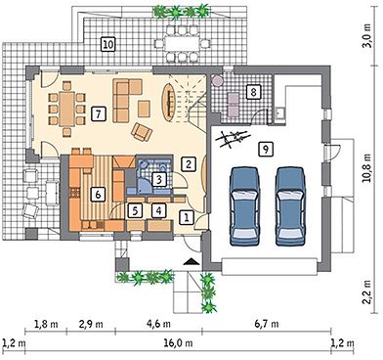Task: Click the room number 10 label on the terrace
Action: pyautogui.click(x=107, y=44)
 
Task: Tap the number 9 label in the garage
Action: pyautogui.click(x=266, y=149)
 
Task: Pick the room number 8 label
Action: pyautogui.click(x=253, y=92)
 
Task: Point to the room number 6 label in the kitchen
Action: pyautogui.click(x=98, y=195)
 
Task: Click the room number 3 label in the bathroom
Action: pyautogui.click(x=159, y=179)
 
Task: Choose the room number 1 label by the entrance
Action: pyautogui.click(x=187, y=217)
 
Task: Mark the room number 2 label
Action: pyautogui.click(x=188, y=164)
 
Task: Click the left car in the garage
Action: pyautogui.click(x=244, y=206)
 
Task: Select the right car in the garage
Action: pyautogui.click(x=290, y=206)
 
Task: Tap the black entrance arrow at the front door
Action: pyautogui.click(x=191, y=261)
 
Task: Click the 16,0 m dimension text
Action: pyautogui.click(x=179, y=343)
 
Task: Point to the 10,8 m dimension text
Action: pyautogui.click(x=367, y=168)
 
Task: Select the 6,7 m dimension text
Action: pyautogui.click(x=267, y=324)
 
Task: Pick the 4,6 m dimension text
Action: pyautogui.click(x=158, y=324)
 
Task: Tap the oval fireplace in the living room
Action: pyautogui.click(x=169, y=103)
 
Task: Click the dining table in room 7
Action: pyautogui.click(x=67, y=109)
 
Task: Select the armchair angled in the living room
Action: pyautogui.click(x=142, y=132)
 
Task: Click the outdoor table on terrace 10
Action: pyautogui.click(x=181, y=43)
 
